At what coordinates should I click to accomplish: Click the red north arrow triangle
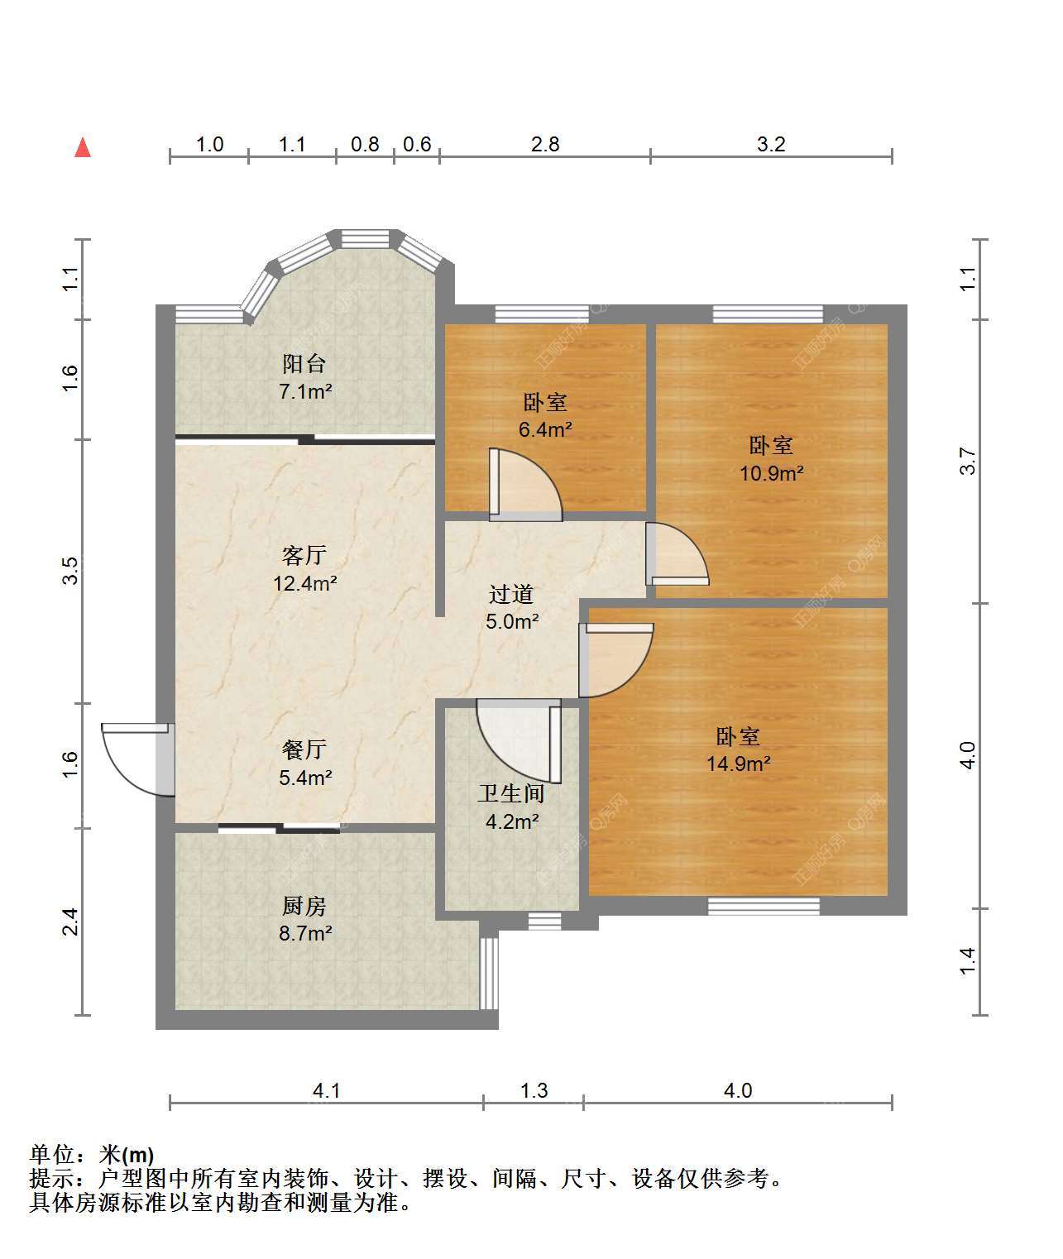(83, 148)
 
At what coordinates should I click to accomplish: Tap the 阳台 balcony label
(304, 364)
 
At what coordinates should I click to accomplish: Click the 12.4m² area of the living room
(305, 583)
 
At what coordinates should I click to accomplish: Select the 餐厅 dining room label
(304, 749)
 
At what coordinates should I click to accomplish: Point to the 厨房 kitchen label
(304, 906)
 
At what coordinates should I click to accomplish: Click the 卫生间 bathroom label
(511, 793)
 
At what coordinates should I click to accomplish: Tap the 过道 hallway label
(511, 594)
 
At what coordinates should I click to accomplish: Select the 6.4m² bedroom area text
(545, 429)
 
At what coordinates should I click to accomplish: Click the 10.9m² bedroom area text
(771, 473)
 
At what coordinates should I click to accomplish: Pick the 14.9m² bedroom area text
(739, 764)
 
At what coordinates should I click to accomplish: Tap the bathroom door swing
(520, 741)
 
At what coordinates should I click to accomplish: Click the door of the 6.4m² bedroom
(525, 485)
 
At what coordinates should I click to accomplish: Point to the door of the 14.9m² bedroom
(615, 660)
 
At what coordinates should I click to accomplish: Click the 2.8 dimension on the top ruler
(545, 145)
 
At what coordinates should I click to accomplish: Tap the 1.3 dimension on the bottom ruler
(534, 1091)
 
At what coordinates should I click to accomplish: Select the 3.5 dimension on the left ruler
(70, 571)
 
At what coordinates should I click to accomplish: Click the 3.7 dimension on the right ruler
(967, 462)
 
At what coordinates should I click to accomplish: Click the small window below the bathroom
(544, 921)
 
